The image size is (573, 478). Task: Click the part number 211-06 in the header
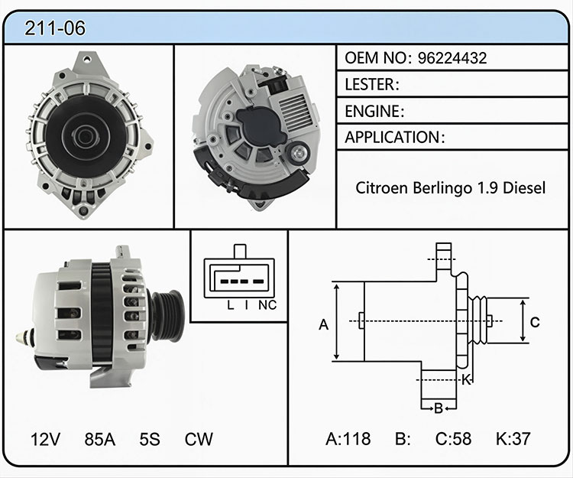[55, 28]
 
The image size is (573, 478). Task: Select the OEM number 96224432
[452, 58]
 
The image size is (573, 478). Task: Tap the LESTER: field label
[372, 84]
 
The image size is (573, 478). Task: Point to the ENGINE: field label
[374, 111]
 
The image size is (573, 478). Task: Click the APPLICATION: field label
[395, 138]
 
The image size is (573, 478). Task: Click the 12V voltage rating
[45, 439]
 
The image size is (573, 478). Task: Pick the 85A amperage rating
[100, 439]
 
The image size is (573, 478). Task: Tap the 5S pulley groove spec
[150, 439]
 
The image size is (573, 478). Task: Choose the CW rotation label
[199, 439]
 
